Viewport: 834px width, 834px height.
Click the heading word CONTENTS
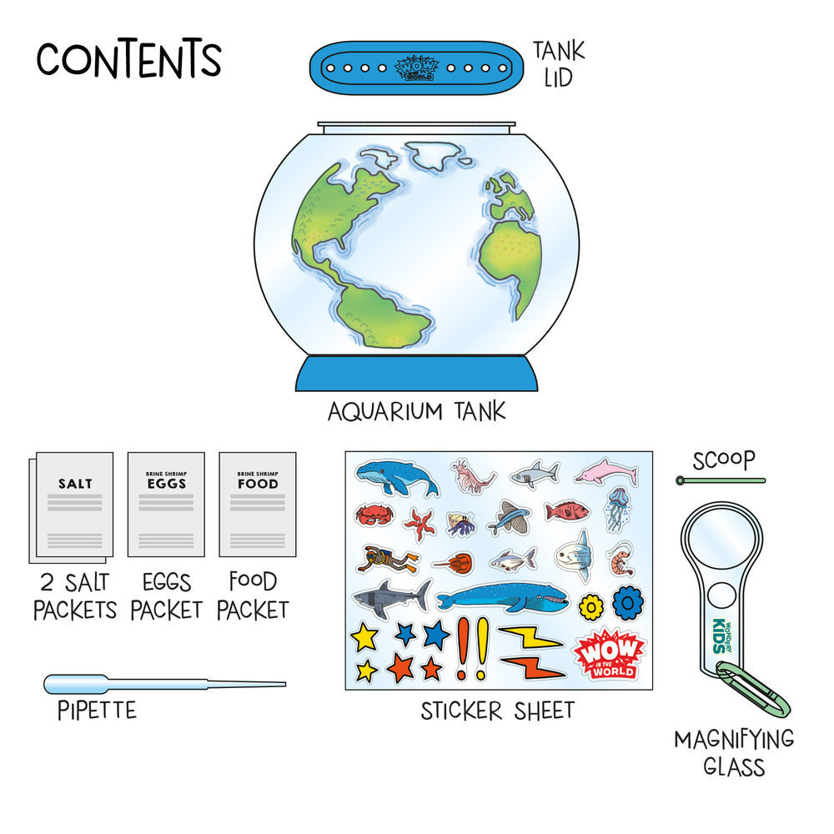pos(128,60)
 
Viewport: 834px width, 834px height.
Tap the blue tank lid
pos(421,66)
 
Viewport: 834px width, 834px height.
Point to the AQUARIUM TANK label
pos(416,412)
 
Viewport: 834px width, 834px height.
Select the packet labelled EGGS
pos(166,504)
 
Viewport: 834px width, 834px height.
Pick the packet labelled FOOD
pos(257,504)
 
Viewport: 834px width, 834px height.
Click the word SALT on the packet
pos(75,484)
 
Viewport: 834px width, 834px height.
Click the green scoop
pos(722,480)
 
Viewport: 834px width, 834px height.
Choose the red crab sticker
pos(370,514)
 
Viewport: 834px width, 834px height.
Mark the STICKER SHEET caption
pos(497,711)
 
